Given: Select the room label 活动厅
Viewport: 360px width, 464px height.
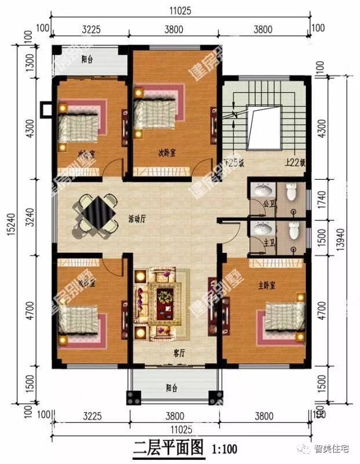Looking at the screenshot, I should [137, 219].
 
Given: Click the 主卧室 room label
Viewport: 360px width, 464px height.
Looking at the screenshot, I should [267, 285].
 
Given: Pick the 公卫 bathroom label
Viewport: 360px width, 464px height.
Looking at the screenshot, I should [268, 204].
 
